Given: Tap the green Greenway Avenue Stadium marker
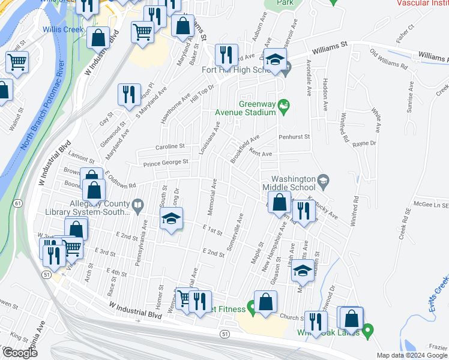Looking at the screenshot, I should click(285, 107).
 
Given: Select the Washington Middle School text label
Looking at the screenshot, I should click(293, 183).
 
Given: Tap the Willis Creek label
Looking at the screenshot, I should click(62, 29).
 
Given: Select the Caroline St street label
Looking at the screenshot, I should click(169, 146).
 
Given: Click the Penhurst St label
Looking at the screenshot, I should click(294, 137).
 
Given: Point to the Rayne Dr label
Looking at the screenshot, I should click(364, 143).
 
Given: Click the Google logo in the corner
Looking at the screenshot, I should click(19, 353).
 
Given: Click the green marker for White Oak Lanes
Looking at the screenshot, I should click(368, 329).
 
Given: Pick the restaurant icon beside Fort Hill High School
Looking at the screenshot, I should click(227, 55).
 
